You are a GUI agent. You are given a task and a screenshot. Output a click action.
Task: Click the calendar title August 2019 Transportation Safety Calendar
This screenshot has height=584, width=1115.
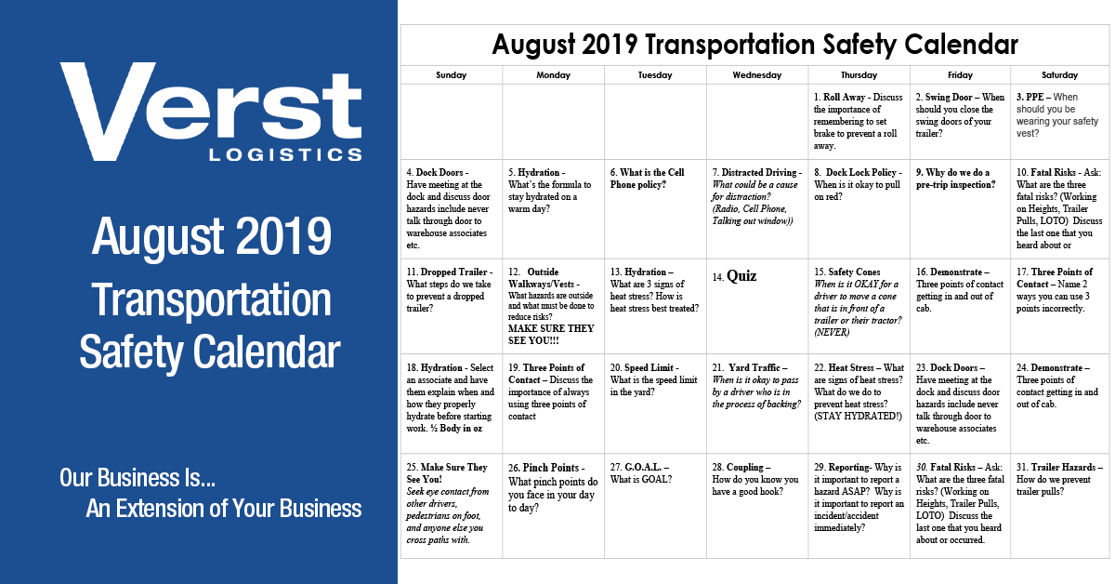pyautogui.click(x=754, y=44)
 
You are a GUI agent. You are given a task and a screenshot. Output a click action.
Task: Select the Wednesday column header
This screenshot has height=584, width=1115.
pyautogui.click(x=756, y=75)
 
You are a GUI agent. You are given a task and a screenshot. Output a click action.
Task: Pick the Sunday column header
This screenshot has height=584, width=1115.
pyautogui.click(x=451, y=75)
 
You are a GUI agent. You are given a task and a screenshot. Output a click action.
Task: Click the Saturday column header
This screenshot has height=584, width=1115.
pyautogui.click(x=1060, y=75)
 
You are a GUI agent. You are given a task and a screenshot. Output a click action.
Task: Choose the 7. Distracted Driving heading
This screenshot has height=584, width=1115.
pyautogui.click(x=755, y=172)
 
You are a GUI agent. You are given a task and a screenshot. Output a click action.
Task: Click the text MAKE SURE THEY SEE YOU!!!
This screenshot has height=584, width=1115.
pyautogui.click(x=551, y=335)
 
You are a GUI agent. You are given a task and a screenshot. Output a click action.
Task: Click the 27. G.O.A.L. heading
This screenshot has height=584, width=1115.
pyautogui.click(x=640, y=467)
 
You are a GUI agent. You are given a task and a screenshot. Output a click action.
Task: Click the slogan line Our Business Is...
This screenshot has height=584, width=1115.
pyautogui.click(x=138, y=478)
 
